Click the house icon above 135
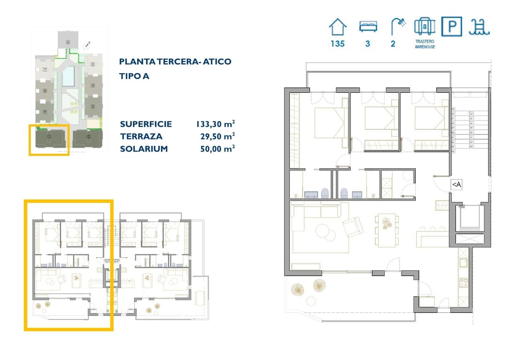coord(337,27)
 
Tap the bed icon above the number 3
coord(368,27)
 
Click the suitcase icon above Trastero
coord(425,27)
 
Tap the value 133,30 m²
coord(215,124)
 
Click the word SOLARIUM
coord(144,149)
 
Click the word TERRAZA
coord(141,136)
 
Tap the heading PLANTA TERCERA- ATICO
coord(175,62)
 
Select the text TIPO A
coord(134,76)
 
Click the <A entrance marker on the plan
coord(456,185)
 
